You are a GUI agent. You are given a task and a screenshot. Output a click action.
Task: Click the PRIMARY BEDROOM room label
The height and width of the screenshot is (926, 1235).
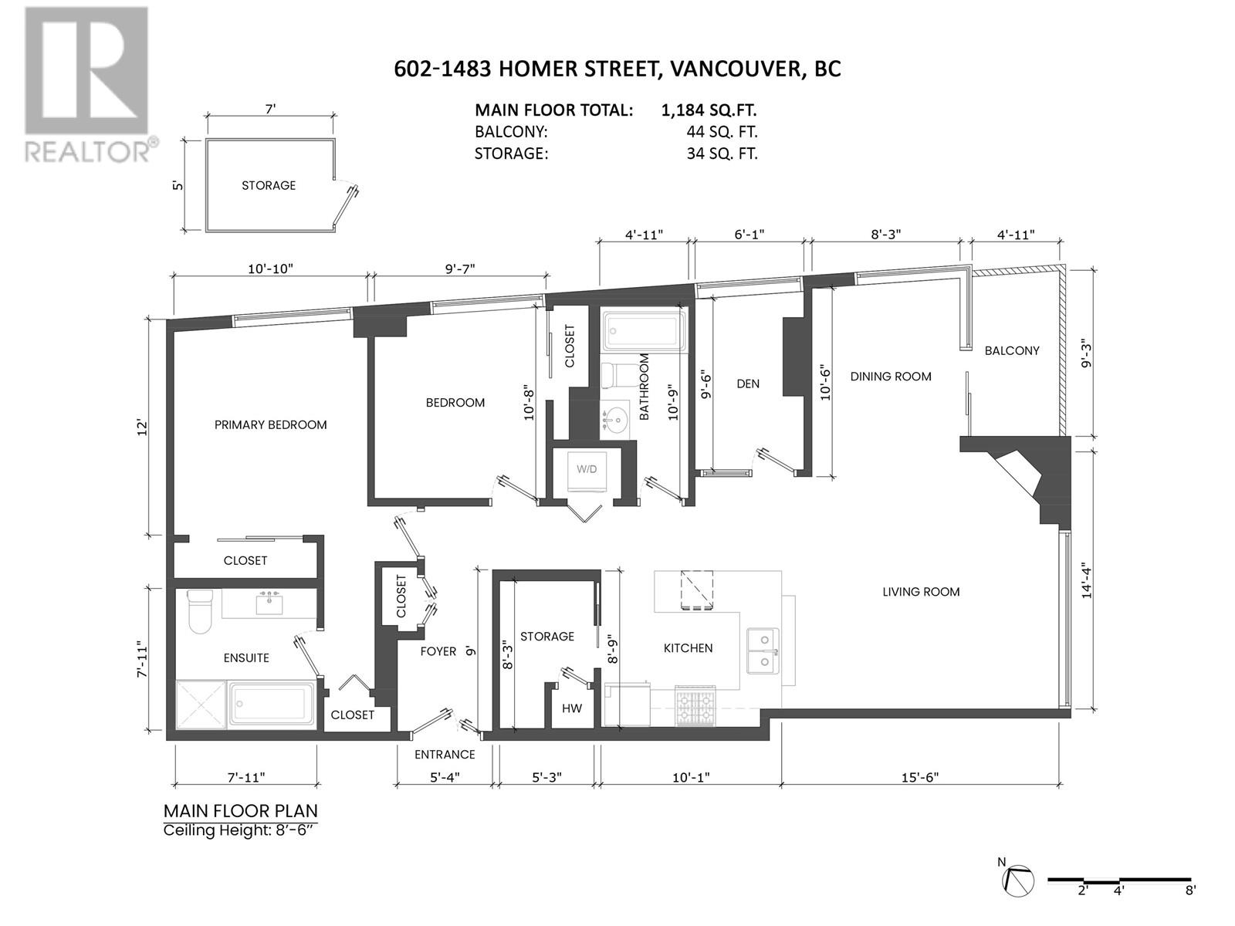pos(270,424)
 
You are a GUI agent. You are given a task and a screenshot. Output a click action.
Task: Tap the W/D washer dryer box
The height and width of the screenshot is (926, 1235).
pos(587,468)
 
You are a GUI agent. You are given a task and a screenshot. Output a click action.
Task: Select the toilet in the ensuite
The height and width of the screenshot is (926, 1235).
pos(201,611)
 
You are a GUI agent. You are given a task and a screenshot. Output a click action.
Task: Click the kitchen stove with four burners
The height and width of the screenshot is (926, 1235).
pos(695,705)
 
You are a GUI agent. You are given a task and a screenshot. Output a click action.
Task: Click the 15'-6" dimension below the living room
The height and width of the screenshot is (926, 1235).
pos(917,777)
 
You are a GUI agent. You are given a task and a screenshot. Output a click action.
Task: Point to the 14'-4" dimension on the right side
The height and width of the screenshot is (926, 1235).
pos(1087,580)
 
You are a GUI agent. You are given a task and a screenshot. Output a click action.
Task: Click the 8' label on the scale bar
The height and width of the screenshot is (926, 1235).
pos(1191,891)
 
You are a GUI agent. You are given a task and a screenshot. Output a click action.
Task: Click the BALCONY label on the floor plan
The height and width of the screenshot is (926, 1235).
pos(1011,350)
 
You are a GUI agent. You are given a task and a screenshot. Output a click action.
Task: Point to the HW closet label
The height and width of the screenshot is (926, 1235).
pos(571,708)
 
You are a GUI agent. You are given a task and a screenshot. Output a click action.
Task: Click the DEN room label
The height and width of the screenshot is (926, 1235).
pos(747,384)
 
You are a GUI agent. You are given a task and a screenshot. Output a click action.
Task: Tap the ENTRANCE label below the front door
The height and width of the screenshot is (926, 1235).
pos(445,754)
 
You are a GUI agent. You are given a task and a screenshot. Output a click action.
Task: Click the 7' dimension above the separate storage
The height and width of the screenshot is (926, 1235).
pos(270,110)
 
